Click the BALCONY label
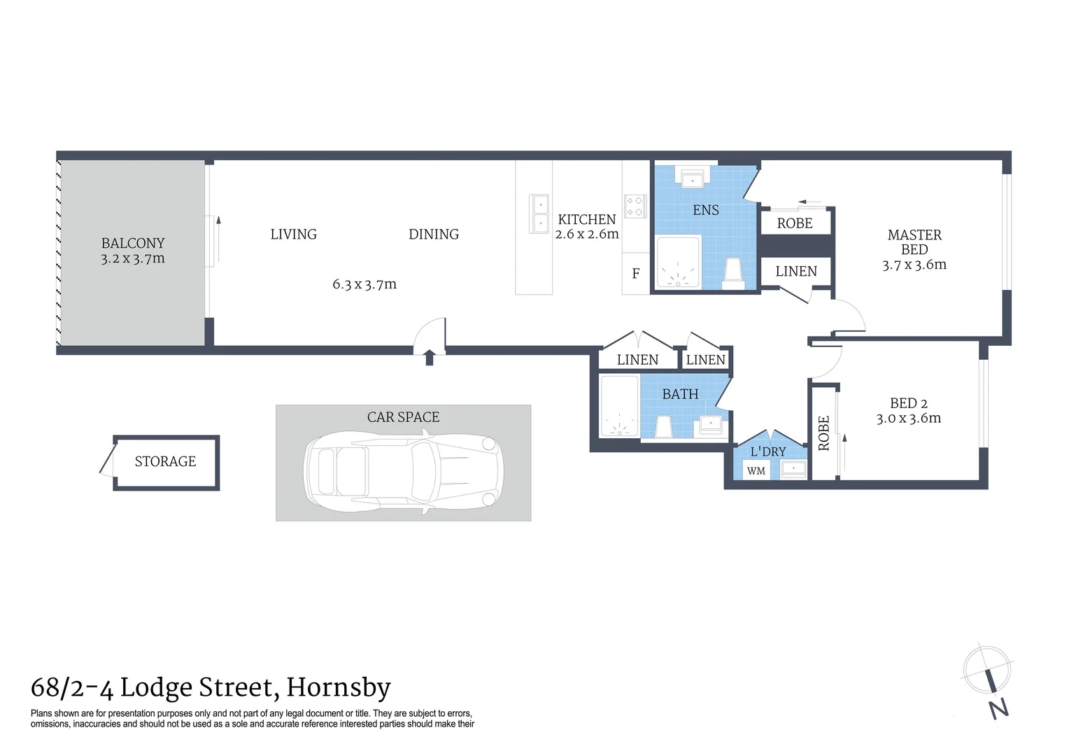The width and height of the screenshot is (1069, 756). click(x=133, y=244)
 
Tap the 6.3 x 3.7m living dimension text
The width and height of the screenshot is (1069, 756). click(x=364, y=284)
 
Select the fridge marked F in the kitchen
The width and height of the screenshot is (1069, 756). click(x=635, y=274)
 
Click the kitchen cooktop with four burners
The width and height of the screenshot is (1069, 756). click(x=635, y=206)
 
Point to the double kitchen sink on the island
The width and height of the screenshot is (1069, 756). click(x=540, y=214)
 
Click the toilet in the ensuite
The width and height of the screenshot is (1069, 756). click(x=732, y=274)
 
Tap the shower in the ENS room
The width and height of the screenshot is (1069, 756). click(x=677, y=263)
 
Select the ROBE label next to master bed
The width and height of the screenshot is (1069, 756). click(x=795, y=223)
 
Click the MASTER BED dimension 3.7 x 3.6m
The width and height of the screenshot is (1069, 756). click(x=914, y=265)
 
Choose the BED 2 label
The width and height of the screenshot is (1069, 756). click(x=908, y=403)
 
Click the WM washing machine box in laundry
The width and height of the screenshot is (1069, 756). click(x=756, y=471)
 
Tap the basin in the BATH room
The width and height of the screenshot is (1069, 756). click(x=711, y=424)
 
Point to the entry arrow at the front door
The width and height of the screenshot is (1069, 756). click(x=430, y=358)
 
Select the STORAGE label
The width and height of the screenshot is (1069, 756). click(x=165, y=461)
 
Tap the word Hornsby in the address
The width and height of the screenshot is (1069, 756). click(x=339, y=687)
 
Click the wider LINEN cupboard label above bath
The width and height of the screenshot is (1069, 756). click(x=637, y=360)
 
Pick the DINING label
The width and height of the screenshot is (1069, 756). click(x=434, y=234)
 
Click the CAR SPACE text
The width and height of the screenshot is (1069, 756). click(x=403, y=417)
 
